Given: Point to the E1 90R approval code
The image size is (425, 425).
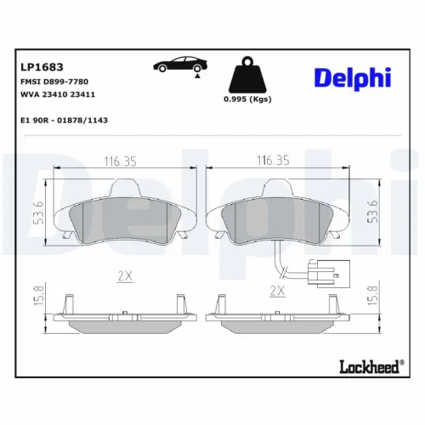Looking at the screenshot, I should click(x=64, y=121).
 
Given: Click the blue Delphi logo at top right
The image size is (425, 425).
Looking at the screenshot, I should click(x=352, y=77).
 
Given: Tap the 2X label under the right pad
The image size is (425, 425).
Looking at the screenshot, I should click(x=277, y=290).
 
